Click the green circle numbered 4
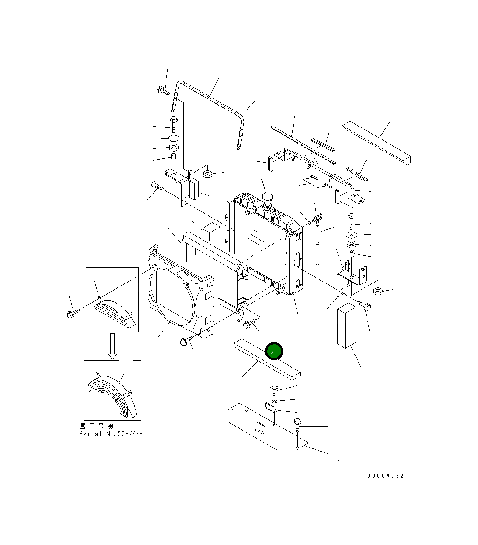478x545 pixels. pos(274,351)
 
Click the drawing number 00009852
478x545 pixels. pos(385,476)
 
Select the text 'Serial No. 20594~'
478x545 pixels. pos(111,434)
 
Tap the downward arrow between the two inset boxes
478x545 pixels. pos(113,346)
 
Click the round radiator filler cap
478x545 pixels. pos(267,197)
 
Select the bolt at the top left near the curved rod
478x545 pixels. pos(163,90)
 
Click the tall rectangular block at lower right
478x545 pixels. pos(346,325)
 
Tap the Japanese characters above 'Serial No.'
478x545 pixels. pos(96,426)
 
